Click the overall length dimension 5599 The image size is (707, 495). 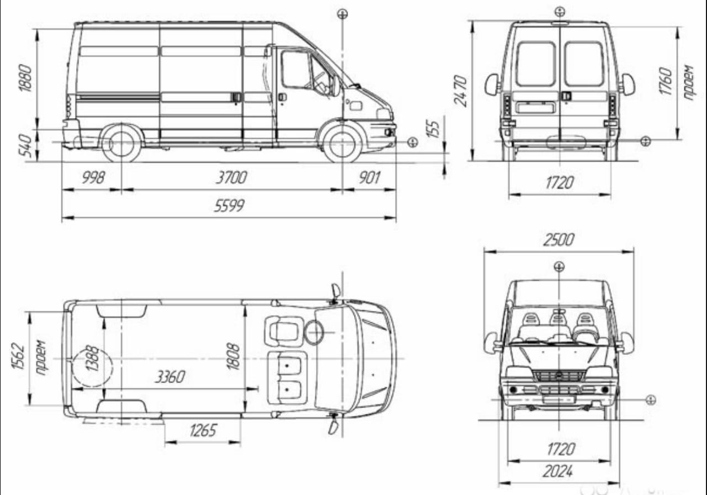229,206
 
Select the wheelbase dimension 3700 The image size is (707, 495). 230,178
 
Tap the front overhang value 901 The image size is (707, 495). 370,178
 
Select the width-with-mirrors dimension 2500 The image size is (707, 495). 559,240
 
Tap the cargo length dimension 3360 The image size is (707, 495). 170,377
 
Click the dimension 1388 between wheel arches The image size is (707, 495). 92,359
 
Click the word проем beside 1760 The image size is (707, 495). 688,82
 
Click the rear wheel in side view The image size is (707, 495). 121,143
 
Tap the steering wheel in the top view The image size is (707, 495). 315,332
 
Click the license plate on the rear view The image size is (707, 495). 535,108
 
